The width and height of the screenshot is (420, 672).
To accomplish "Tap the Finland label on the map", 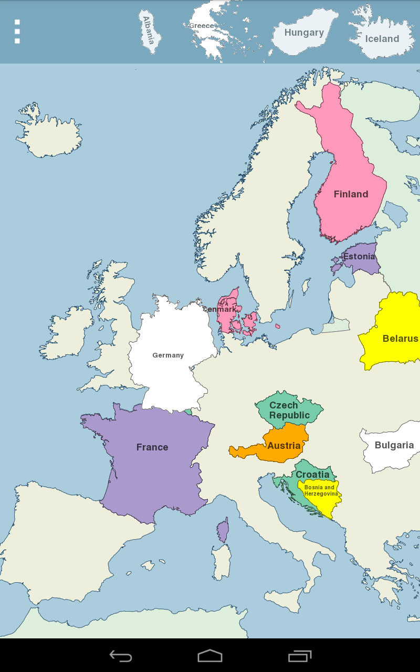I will (x=351, y=194).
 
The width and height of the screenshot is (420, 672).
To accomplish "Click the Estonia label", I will (x=359, y=257).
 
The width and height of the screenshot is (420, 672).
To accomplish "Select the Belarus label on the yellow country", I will (x=400, y=339).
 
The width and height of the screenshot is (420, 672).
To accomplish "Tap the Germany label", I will (x=168, y=355).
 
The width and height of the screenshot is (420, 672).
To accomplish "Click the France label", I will (x=152, y=447).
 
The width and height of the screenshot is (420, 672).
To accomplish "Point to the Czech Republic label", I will (x=289, y=410).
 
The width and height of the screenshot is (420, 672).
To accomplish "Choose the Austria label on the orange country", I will (x=284, y=446).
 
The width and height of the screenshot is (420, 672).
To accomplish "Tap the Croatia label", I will (x=312, y=475).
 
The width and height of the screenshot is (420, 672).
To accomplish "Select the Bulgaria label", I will (x=394, y=445).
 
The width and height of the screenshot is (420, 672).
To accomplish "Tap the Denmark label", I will (x=220, y=309).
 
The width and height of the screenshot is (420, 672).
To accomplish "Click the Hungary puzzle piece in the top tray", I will (x=304, y=33).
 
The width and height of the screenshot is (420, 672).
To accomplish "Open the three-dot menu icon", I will (x=17, y=31).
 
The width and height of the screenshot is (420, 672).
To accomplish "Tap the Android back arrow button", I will (x=121, y=656).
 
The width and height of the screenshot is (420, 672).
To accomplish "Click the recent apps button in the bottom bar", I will (x=300, y=656).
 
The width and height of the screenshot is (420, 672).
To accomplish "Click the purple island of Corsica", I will (x=223, y=531).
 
